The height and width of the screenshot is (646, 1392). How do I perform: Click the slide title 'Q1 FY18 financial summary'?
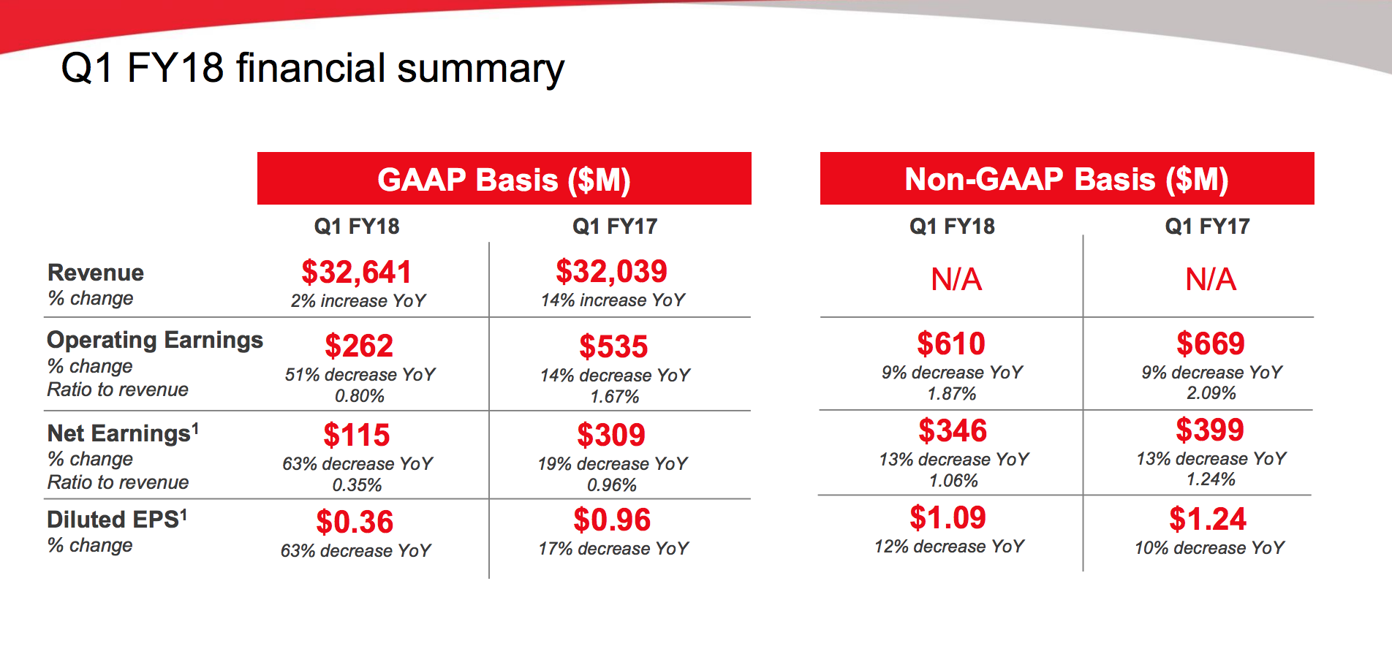tap(312, 69)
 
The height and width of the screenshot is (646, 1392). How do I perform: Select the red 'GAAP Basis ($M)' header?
tap(504, 179)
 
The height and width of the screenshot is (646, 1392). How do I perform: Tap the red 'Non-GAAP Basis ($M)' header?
tap(1067, 179)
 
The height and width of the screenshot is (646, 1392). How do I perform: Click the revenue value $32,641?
tap(357, 272)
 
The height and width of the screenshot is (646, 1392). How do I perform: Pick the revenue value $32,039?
tap(612, 271)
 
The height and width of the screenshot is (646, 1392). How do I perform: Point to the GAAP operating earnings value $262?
tap(359, 346)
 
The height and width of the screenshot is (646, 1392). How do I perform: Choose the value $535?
tap(613, 346)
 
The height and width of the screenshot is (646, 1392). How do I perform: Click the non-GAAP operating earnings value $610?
tap(951, 343)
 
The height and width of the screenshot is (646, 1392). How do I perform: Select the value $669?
tap(1211, 343)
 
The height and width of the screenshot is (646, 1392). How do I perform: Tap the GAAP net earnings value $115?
tap(357, 435)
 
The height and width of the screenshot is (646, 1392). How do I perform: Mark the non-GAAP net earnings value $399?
tap(1210, 430)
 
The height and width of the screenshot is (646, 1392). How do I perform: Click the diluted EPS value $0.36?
tap(355, 522)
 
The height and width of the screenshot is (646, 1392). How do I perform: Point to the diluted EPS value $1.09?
tap(948, 517)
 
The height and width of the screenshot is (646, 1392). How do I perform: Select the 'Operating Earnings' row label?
tap(155, 340)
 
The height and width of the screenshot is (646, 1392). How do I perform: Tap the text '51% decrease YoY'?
tap(360, 375)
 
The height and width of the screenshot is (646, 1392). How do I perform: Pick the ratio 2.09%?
tap(1211, 393)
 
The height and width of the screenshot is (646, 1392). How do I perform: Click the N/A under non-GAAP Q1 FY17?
tap(1211, 279)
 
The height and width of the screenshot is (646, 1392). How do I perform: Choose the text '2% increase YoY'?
tap(358, 301)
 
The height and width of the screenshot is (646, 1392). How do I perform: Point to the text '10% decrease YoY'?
tap(1209, 548)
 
